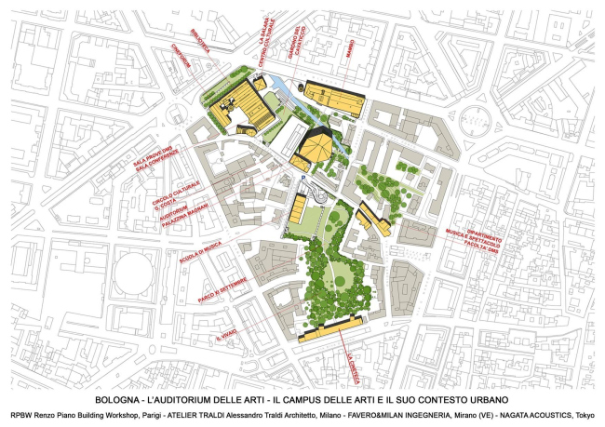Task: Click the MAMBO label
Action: [348, 47]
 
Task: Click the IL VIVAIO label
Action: [224, 333]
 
